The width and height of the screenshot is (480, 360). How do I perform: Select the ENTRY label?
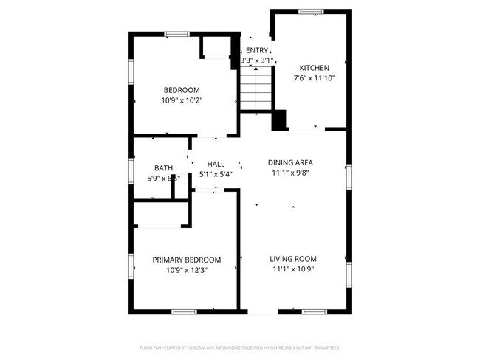[257, 50]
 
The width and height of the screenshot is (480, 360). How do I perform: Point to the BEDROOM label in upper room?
[182, 90]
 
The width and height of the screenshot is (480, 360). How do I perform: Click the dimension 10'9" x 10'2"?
[182, 100]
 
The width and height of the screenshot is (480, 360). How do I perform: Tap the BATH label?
[163, 168]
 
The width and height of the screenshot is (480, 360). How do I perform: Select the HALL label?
[216, 164]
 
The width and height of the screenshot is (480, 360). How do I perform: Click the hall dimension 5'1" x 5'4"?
[216, 175]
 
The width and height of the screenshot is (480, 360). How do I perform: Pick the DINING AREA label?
[290, 162]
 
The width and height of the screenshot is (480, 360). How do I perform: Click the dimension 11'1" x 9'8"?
[290, 173]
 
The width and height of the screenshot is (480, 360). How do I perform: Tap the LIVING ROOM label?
[293, 259]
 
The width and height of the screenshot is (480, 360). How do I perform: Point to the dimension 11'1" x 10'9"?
[293, 270]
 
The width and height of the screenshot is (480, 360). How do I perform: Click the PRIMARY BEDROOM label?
[186, 260]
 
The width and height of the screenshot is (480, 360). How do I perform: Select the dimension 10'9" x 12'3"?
[186, 270]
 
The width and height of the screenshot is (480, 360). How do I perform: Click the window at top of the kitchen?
[311, 11]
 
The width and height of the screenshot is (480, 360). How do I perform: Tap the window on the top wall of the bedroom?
[176, 33]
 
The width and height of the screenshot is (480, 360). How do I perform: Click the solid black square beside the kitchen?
[279, 120]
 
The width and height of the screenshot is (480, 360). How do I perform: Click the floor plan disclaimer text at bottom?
[240, 347]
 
